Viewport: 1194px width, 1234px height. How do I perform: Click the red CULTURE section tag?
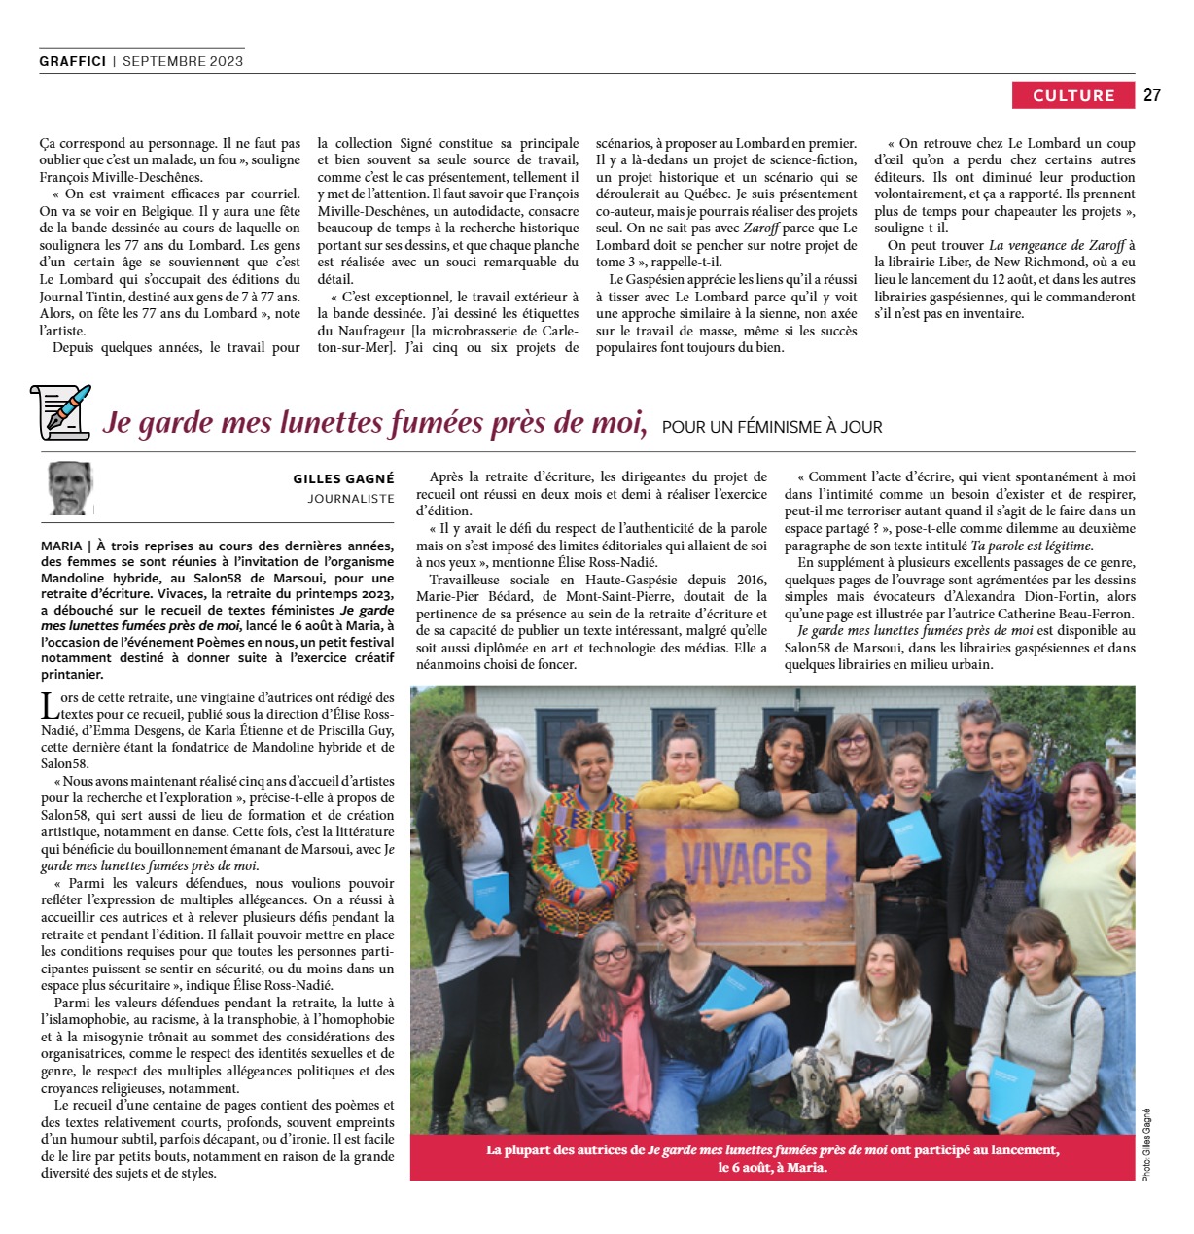(1073, 95)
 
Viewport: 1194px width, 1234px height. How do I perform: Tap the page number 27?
(1152, 95)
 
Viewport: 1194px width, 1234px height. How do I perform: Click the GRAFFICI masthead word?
(73, 60)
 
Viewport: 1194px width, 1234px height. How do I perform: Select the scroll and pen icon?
(61, 410)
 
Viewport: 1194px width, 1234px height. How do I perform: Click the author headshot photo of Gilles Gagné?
(71, 487)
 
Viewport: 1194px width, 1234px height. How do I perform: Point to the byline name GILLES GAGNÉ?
(343, 478)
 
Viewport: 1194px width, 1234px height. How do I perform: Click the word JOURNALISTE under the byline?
(351, 499)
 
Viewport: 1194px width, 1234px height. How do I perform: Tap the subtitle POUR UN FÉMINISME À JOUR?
(772, 427)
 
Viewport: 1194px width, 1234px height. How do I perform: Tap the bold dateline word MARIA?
(61, 546)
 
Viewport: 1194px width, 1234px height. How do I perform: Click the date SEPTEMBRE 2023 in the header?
(183, 60)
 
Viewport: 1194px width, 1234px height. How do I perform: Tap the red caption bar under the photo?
(772, 1157)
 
